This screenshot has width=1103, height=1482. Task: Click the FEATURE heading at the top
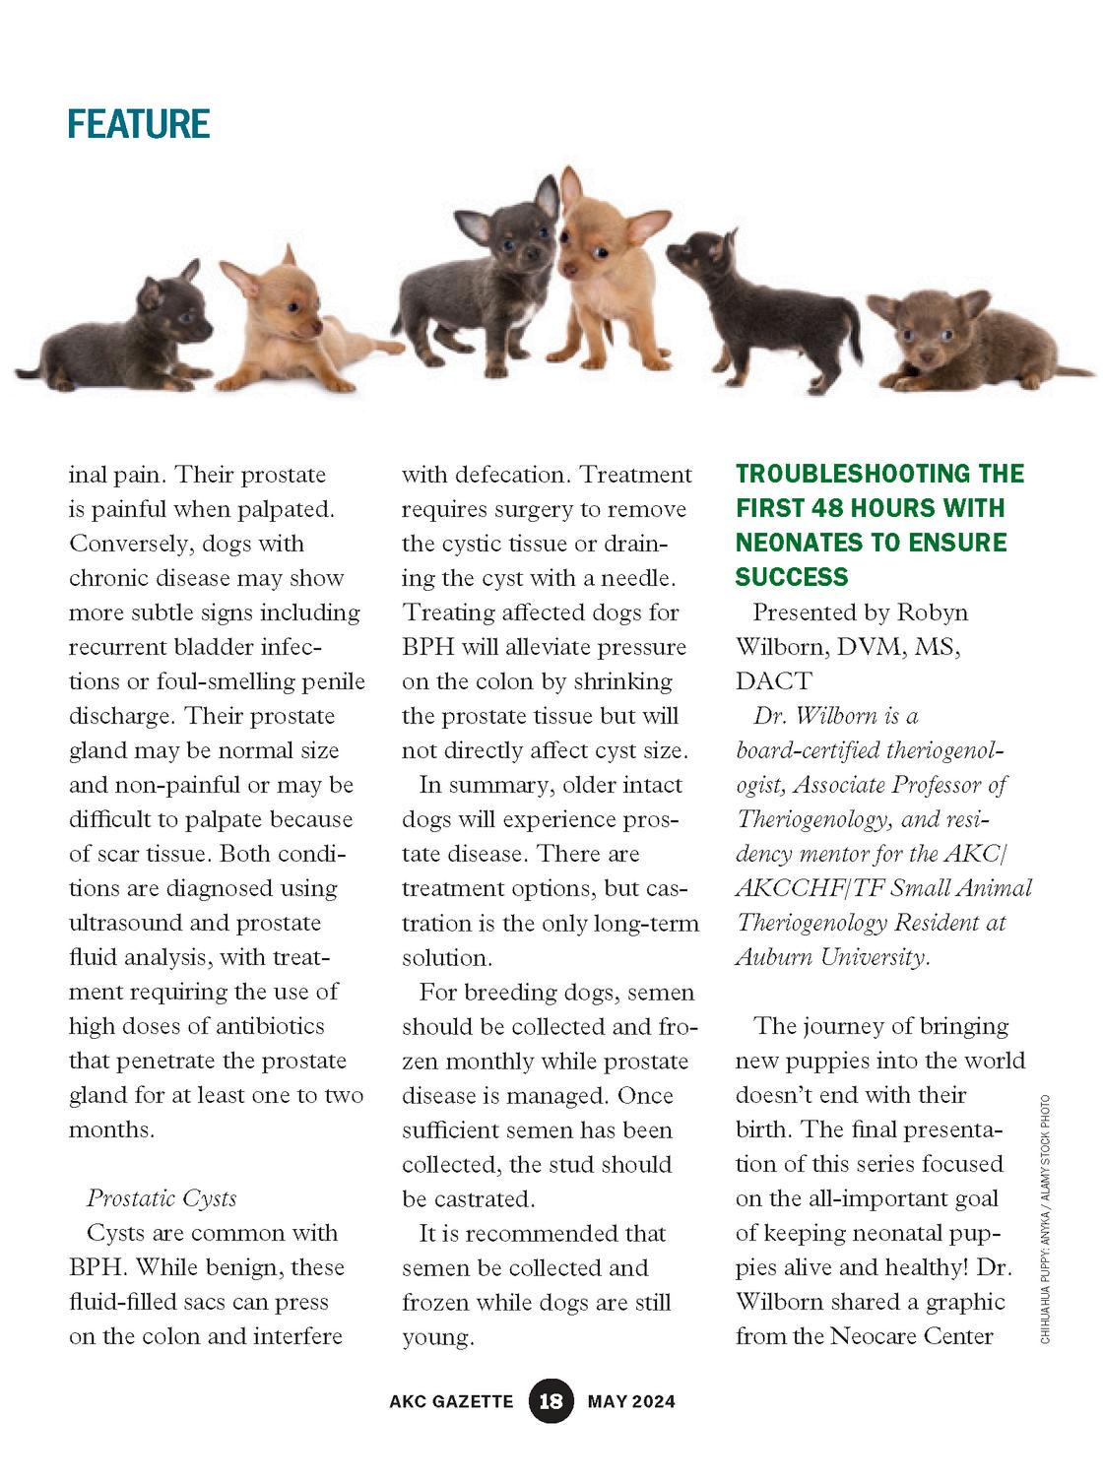tap(139, 124)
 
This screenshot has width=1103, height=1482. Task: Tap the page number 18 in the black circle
tap(551, 1400)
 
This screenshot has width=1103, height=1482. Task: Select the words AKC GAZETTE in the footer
tap(451, 1401)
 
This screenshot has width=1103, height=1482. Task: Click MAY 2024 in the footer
tap(631, 1401)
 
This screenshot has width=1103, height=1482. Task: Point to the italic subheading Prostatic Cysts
tap(162, 1198)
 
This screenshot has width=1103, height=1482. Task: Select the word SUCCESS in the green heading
tap(792, 577)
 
